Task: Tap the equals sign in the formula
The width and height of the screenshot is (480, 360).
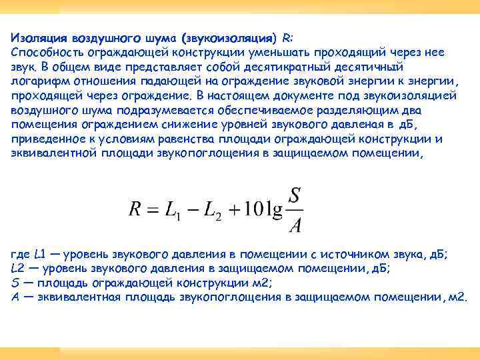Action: (x=157, y=209)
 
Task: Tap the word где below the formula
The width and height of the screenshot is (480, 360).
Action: (x=21, y=255)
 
